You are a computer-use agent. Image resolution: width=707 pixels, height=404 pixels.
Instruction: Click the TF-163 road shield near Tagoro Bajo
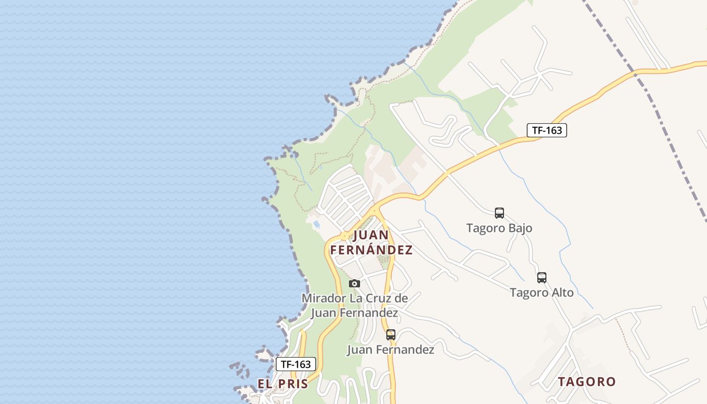547,130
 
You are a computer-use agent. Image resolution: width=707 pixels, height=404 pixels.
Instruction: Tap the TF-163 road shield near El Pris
296,364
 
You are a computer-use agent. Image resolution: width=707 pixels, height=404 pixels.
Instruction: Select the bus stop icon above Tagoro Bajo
499,213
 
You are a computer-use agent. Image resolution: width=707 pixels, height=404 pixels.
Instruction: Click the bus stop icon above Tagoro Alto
542,277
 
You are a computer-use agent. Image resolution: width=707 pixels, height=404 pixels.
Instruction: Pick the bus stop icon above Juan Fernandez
391,334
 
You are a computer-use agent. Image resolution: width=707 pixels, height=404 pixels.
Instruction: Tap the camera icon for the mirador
355,283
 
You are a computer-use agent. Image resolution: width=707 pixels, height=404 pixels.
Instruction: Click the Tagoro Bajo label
499,228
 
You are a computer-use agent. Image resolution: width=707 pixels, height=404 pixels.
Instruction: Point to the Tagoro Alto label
541,292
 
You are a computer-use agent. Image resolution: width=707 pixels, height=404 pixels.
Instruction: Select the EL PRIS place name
283,384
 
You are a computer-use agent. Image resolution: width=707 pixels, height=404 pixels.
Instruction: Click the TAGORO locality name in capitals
587,382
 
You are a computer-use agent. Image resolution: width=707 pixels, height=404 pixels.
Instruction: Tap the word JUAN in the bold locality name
371,235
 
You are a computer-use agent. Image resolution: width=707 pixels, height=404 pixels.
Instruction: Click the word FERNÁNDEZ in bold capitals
371,250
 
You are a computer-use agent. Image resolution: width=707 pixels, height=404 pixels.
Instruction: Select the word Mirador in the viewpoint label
324,298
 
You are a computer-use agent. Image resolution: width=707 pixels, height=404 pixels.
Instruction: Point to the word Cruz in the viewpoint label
377,298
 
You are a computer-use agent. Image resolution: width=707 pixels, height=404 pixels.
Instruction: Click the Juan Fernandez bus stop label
390,349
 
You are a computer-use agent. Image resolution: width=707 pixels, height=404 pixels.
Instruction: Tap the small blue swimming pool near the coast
317,224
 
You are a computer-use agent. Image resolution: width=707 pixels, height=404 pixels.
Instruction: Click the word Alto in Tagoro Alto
562,292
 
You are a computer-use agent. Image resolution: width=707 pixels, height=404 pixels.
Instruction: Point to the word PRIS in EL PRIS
293,384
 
